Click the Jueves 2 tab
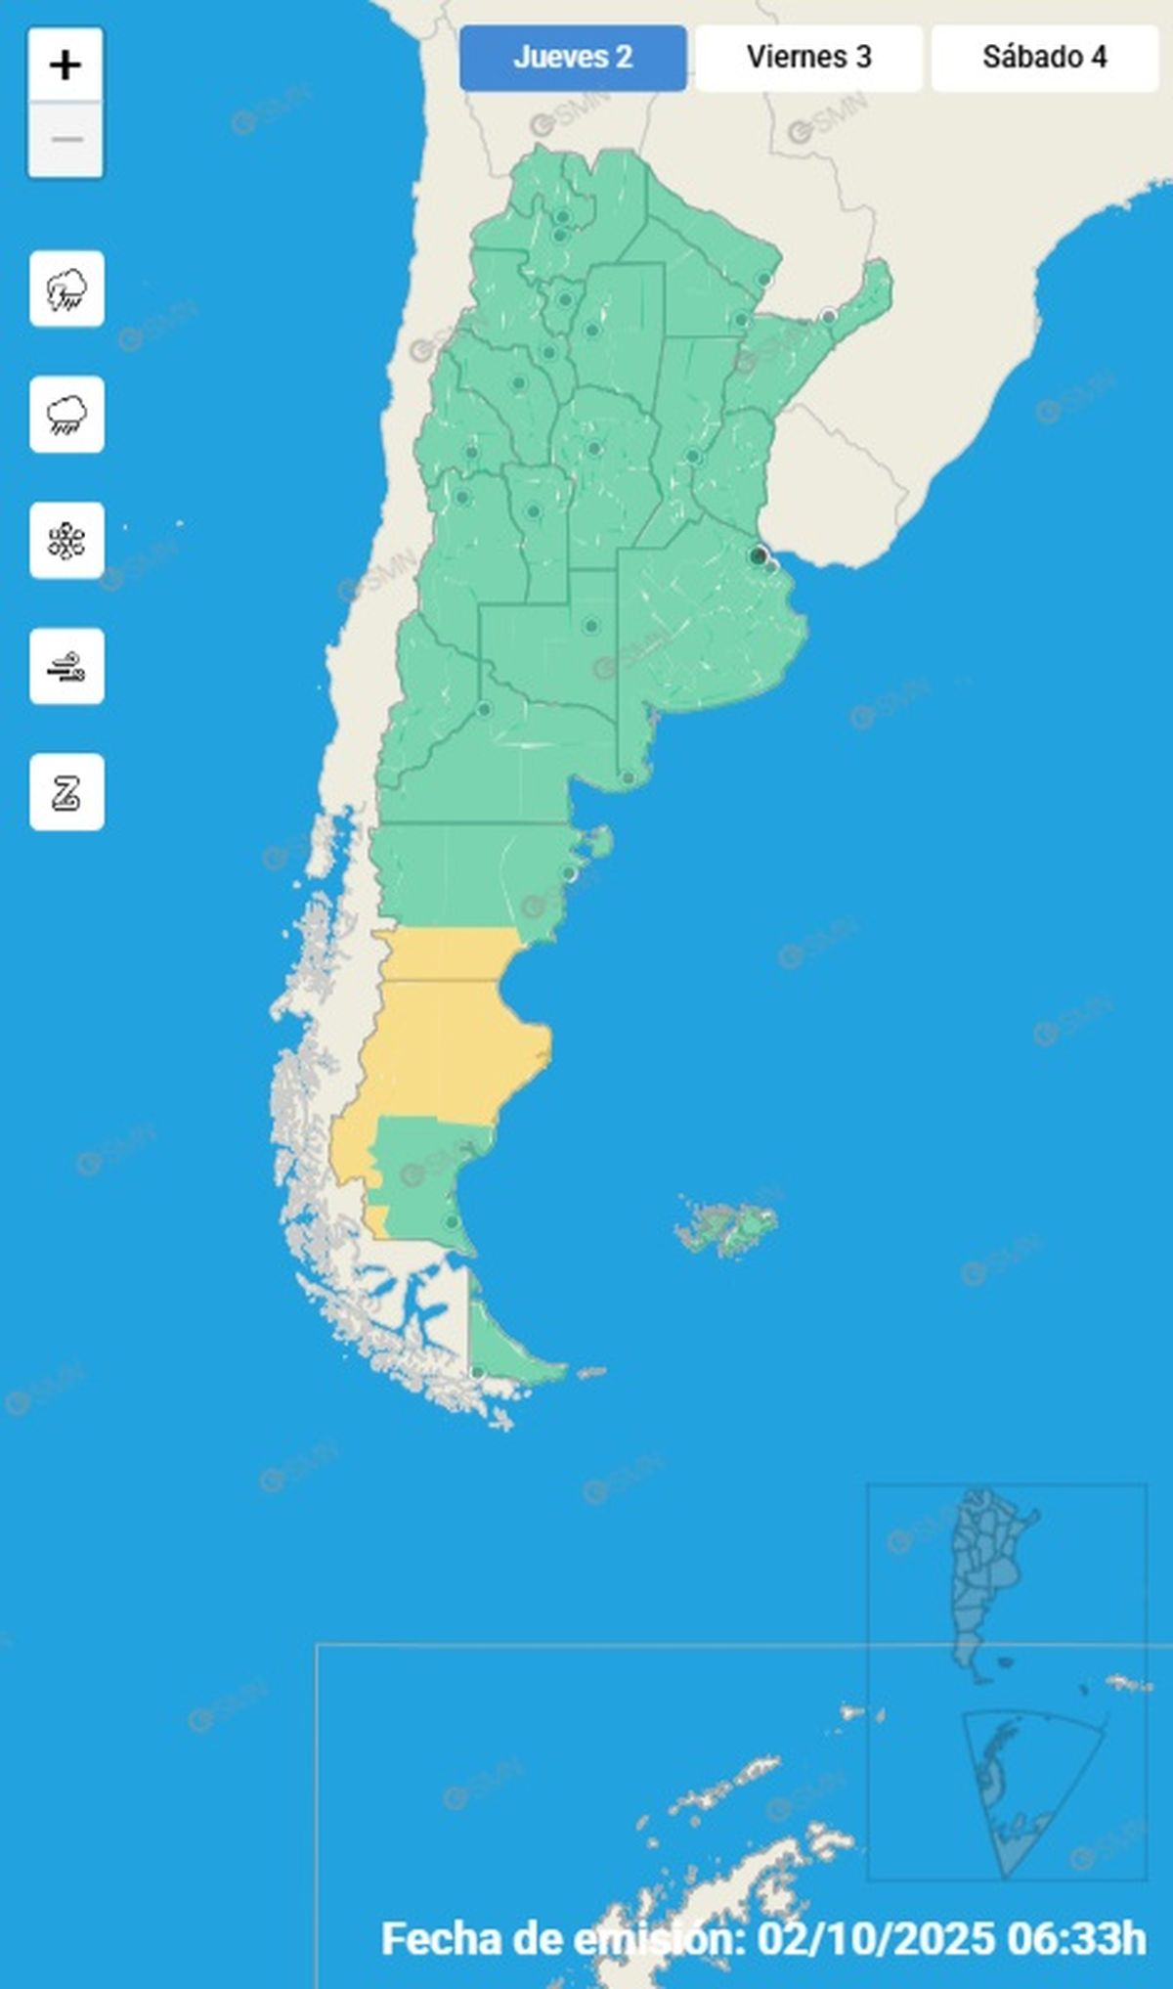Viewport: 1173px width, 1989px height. pyautogui.click(x=573, y=58)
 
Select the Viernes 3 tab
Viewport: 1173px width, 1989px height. pyautogui.click(x=808, y=58)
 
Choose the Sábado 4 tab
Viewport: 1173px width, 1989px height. pyautogui.click(x=1044, y=58)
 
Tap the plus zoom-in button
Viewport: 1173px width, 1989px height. pyautogui.click(x=65, y=66)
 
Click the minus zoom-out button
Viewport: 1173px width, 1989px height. pyautogui.click(x=65, y=140)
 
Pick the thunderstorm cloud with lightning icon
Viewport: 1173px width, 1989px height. pyautogui.click(x=66, y=288)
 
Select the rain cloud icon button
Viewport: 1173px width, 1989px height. pyautogui.click(x=66, y=415)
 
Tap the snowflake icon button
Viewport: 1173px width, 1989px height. pyautogui.click(x=66, y=541)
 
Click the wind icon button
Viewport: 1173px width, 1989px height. pyautogui.click(x=66, y=667)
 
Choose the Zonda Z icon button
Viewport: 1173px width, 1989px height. pyautogui.click(x=66, y=792)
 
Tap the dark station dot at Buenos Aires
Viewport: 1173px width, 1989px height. pyautogui.click(x=758, y=556)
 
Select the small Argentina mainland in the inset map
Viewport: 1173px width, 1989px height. pyautogui.click(x=987, y=1574)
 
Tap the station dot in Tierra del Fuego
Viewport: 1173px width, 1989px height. pyautogui.click(x=477, y=1374)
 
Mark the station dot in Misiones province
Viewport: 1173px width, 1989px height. pyautogui.click(x=829, y=316)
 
